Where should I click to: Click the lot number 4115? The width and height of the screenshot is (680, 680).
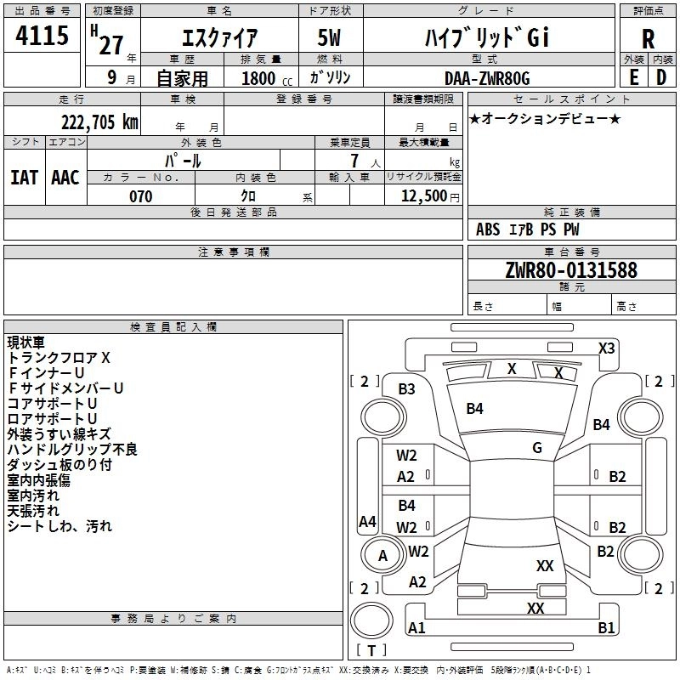(42, 35)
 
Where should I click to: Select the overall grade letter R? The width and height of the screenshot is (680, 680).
(648, 39)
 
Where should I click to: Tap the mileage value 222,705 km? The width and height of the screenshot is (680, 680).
(99, 122)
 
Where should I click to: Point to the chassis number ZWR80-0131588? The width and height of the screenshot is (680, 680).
(571, 269)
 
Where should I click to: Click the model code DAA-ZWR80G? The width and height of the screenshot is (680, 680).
(487, 78)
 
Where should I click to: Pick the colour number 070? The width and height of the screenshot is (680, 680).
(141, 196)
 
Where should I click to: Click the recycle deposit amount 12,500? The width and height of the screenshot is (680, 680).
(424, 196)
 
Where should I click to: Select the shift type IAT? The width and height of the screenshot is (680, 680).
(24, 178)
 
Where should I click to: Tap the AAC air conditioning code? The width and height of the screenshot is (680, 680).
(65, 178)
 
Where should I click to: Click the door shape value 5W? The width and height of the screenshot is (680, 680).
(329, 37)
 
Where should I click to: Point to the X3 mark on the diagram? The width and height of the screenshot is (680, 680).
(606, 348)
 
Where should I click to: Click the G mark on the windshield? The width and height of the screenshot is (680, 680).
(537, 448)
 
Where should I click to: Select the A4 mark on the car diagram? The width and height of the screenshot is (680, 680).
(367, 521)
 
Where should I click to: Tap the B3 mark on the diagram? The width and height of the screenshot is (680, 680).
(406, 389)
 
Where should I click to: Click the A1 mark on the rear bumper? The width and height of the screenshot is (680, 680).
(416, 627)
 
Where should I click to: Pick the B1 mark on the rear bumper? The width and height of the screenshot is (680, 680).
(606, 627)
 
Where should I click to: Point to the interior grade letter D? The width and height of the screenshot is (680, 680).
(661, 77)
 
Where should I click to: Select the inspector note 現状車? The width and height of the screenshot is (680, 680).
(25, 343)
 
